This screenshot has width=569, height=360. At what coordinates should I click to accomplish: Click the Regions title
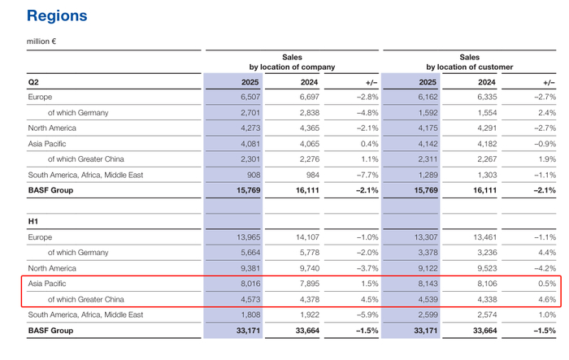[57, 16]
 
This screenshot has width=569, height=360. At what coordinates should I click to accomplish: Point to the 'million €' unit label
[41, 41]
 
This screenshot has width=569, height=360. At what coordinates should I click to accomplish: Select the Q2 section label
[33, 82]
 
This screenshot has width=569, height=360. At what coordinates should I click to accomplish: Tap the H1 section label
[33, 221]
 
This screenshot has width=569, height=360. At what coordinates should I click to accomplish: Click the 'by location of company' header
[292, 67]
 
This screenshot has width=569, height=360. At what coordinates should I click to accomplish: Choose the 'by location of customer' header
[470, 67]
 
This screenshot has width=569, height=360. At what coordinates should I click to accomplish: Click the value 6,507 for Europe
[250, 97]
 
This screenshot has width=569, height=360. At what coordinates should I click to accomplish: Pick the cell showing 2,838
[310, 112]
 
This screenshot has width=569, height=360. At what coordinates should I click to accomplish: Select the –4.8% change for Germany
[367, 112]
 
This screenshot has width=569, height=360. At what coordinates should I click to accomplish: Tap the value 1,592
[428, 112]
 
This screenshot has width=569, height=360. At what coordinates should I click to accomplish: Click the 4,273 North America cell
[250, 128]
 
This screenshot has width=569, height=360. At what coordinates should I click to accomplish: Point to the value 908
[254, 175]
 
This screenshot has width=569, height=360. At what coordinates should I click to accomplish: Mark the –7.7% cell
[367, 175]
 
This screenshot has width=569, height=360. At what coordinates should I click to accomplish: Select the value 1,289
[428, 175]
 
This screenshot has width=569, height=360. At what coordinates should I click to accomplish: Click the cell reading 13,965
[249, 237]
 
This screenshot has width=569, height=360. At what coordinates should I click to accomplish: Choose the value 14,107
[307, 237]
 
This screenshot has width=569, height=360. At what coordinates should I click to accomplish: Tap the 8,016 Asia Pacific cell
[250, 284]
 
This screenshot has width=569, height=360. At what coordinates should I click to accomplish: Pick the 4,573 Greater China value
[250, 299]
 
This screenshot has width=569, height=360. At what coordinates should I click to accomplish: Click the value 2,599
[428, 314]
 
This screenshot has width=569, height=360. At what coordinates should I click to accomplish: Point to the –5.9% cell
[367, 314]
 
